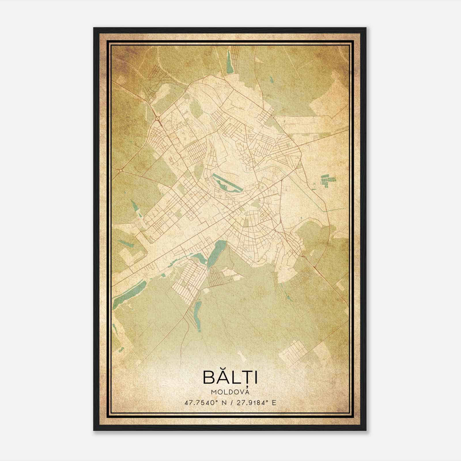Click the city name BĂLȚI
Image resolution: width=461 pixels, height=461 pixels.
230,377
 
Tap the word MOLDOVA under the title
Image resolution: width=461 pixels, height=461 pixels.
230,392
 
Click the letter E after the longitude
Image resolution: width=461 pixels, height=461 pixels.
274,403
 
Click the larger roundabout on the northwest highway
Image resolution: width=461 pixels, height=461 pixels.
157,118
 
